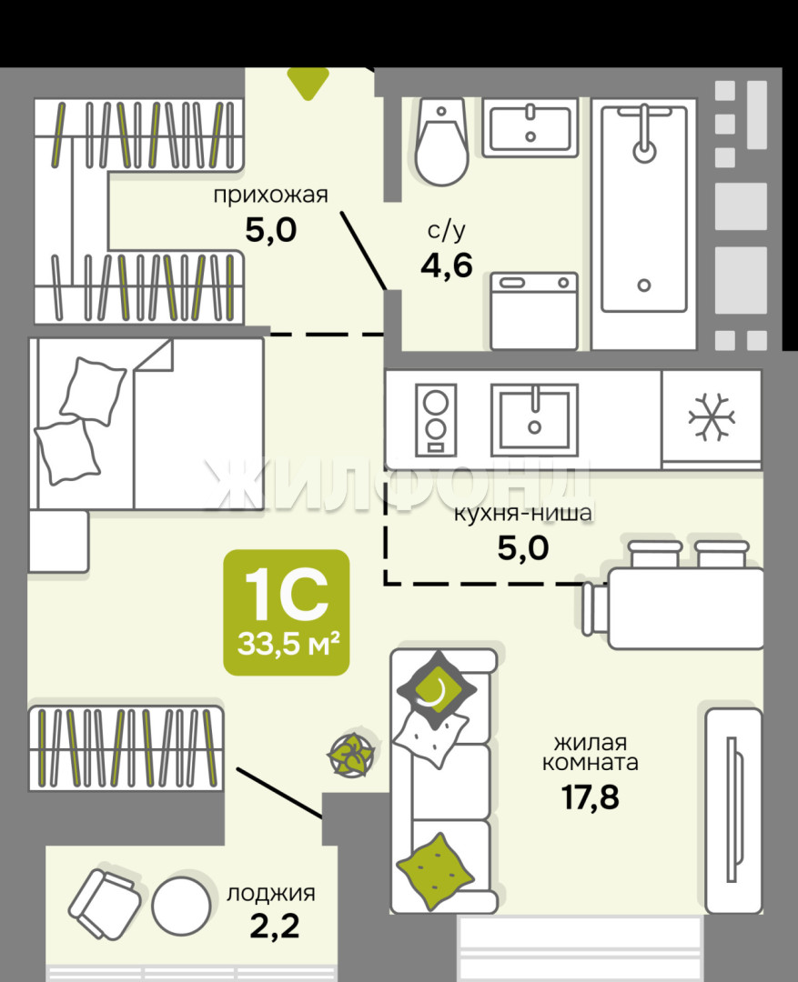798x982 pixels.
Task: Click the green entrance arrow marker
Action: point(308,82)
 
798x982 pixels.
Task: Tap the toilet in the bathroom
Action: point(441,142)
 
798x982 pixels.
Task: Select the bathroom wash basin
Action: point(530,127)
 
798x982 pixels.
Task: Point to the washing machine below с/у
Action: point(534,311)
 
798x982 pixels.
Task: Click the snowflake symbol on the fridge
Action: point(712,417)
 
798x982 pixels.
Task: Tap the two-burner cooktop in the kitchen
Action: point(436,418)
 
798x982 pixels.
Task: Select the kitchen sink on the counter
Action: point(534,419)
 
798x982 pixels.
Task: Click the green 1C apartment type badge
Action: point(287,613)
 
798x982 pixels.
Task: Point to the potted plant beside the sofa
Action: point(353,754)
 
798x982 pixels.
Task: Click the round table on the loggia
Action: point(181,906)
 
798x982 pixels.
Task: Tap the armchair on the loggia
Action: point(105,904)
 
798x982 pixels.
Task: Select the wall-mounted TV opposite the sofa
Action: point(733,810)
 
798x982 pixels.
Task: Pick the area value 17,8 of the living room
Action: point(590,797)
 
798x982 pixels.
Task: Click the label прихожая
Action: point(271,195)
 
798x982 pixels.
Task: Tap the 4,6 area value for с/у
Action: point(447,266)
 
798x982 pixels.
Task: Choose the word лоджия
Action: point(271,893)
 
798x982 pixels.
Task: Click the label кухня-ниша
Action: point(523,514)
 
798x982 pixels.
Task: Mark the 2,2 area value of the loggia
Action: point(275,927)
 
